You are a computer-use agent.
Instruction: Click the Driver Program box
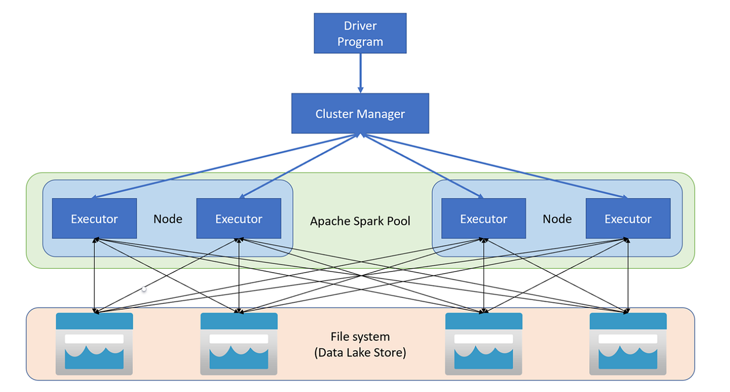(360, 33)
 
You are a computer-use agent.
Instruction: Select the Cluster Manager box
(360, 113)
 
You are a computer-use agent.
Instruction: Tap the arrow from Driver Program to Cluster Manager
(360, 73)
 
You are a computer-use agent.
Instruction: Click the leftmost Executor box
(94, 218)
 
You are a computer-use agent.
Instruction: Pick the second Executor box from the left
(239, 218)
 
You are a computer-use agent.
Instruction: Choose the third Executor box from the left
(483, 218)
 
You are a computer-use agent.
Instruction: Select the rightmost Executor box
(628, 218)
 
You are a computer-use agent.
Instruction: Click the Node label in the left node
(168, 219)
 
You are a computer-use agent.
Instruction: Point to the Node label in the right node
(557, 219)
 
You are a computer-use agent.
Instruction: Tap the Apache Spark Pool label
(360, 221)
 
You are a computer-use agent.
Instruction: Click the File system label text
(360, 337)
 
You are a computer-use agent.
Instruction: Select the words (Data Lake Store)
(360, 353)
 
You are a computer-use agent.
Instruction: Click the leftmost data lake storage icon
(94, 344)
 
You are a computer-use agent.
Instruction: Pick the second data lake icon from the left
(239, 344)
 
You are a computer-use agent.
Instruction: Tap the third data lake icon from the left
(484, 344)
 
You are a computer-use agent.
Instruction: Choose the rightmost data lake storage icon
(628, 344)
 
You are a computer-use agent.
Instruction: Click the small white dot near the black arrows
(144, 289)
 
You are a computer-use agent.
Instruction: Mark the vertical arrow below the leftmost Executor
(95, 275)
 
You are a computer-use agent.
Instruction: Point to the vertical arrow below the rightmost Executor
(628, 275)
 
